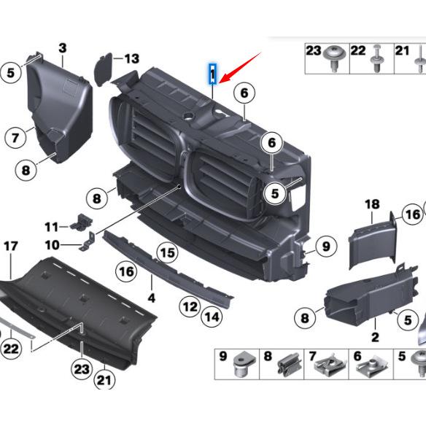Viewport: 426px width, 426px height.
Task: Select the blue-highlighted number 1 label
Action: pos(212,74)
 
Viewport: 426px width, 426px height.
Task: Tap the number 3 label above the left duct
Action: pos(63,49)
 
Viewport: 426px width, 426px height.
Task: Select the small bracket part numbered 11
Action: pos(82,221)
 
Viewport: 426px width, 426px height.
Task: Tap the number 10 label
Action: pos(52,244)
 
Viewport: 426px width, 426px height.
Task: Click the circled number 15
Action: pos(168,253)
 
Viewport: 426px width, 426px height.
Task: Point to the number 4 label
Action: pos(152,298)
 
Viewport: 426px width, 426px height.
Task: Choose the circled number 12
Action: pos(190,306)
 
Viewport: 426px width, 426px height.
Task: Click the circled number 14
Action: pos(212,317)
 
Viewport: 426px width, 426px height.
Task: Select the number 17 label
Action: pos(10,247)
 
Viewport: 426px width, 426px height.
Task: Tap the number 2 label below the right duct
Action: pos(375,337)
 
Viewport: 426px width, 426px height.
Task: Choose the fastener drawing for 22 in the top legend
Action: pos(377,64)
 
